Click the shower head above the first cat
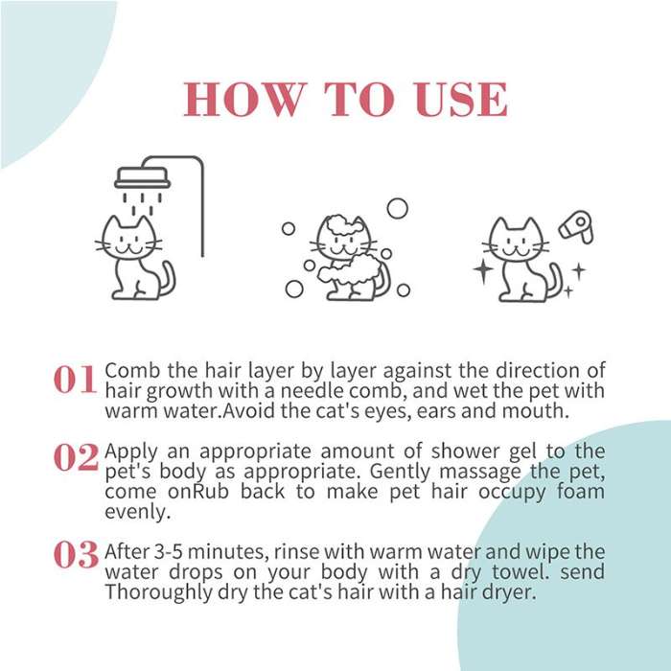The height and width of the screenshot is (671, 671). point(142,178)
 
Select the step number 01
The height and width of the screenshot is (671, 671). point(75,381)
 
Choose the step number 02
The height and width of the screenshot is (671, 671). point(75,458)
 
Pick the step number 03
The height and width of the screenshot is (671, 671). point(75,554)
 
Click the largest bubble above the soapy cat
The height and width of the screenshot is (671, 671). point(397,208)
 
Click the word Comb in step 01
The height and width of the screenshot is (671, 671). point(127,370)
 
